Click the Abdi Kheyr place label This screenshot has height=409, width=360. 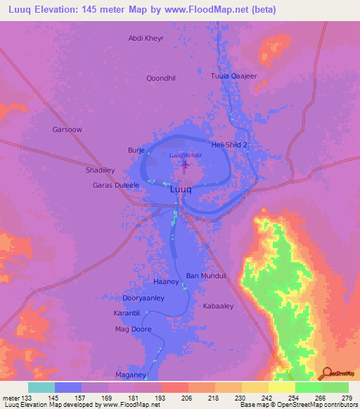point(146,39)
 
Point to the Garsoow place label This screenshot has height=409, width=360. point(67,129)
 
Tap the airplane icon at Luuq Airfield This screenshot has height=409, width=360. point(186,165)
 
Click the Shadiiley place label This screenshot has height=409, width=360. point(100,171)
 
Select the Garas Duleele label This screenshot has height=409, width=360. point(116,186)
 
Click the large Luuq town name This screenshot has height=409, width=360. point(181,189)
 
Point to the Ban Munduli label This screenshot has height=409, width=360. point(206,276)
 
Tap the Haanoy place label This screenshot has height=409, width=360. point(167,282)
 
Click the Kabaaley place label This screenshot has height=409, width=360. point(218,306)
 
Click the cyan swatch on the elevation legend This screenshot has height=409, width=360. point(41,387)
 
